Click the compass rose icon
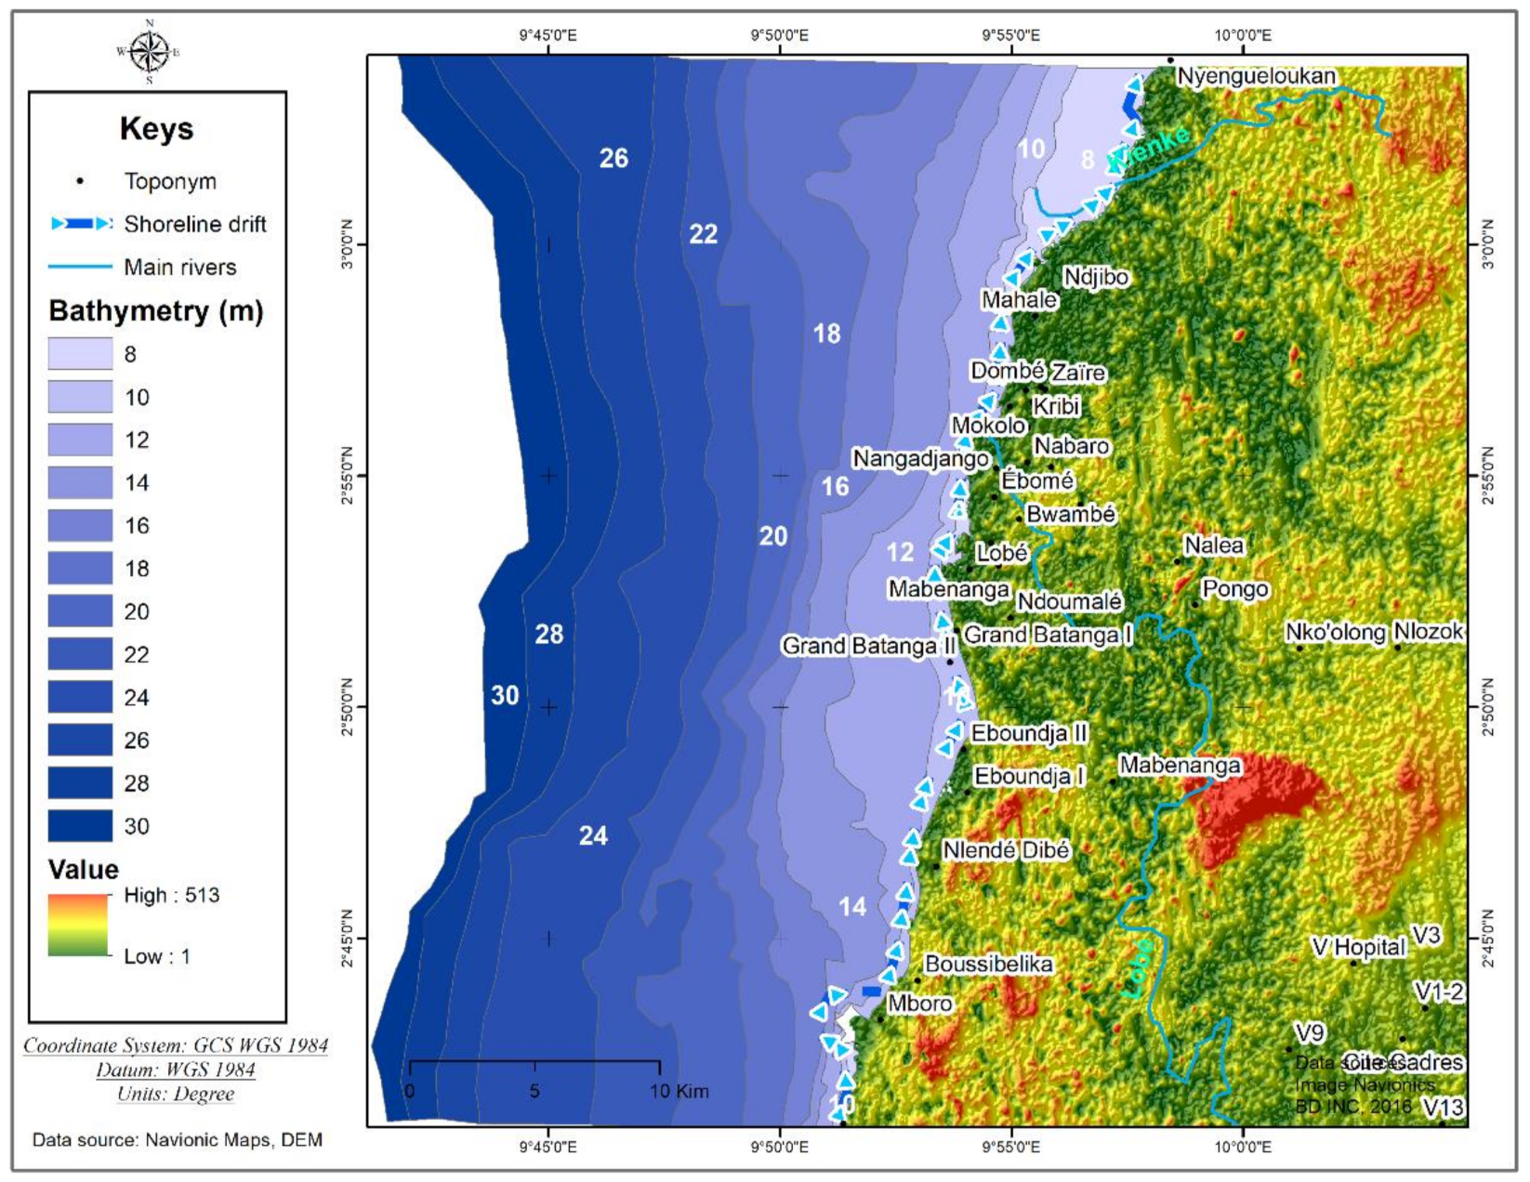pyautogui.click(x=149, y=51)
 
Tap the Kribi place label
pyautogui.click(x=1056, y=406)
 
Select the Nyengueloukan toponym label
pyautogui.click(x=1256, y=76)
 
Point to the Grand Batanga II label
pyautogui.click(x=868, y=646)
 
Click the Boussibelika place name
pyautogui.click(x=988, y=965)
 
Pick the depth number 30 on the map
pyautogui.click(x=505, y=695)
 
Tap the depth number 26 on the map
pyautogui.click(x=613, y=158)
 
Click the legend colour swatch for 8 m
pyautogui.click(x=80, y=354)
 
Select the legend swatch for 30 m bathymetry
pyautogui.click(x=80, y=826)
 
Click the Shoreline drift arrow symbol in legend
pyautogui.click(x=82, y=224)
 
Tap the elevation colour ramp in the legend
pyautogui.click(x=78, y=925)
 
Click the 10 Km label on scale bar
pyautogui.click(x=679, y=1091)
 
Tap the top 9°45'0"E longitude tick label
pyautogui.click(x=547, y=35)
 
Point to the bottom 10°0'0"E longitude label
pyautogui.click(x=1243, y=1147)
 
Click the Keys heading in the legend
pyautogui.click(x=156, y=128)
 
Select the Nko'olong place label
pyautogui.click(x=1335, y=633)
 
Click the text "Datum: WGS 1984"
pyautogui.click(x=176, y=1070)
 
